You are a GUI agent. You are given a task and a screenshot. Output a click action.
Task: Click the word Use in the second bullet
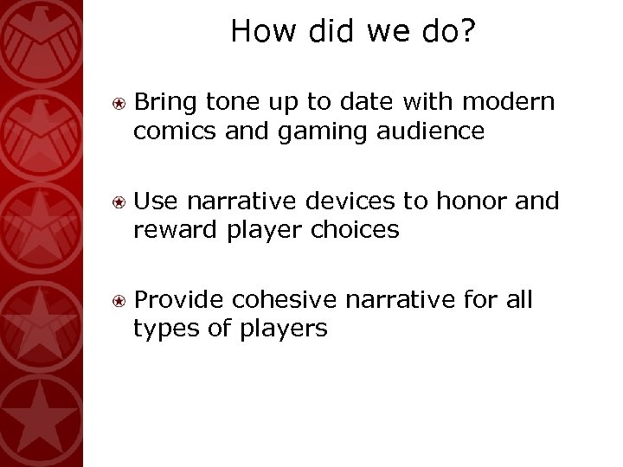(x=153, y=202)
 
